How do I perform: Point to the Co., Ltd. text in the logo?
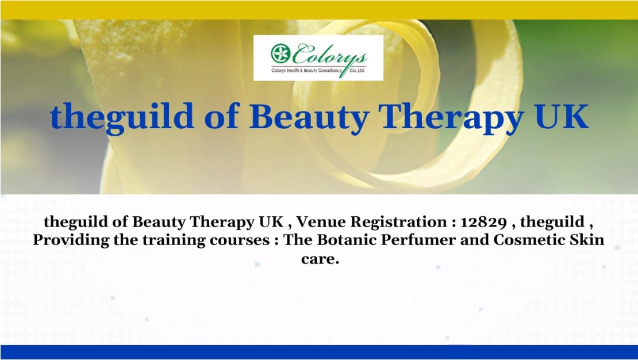pos(358,71)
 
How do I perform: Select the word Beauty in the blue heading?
pos(309,117)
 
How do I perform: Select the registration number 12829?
pos(484,223)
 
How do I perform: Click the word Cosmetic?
pos(529,239)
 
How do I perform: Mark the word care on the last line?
pos(320,259)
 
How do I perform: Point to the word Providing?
pos(71,240)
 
